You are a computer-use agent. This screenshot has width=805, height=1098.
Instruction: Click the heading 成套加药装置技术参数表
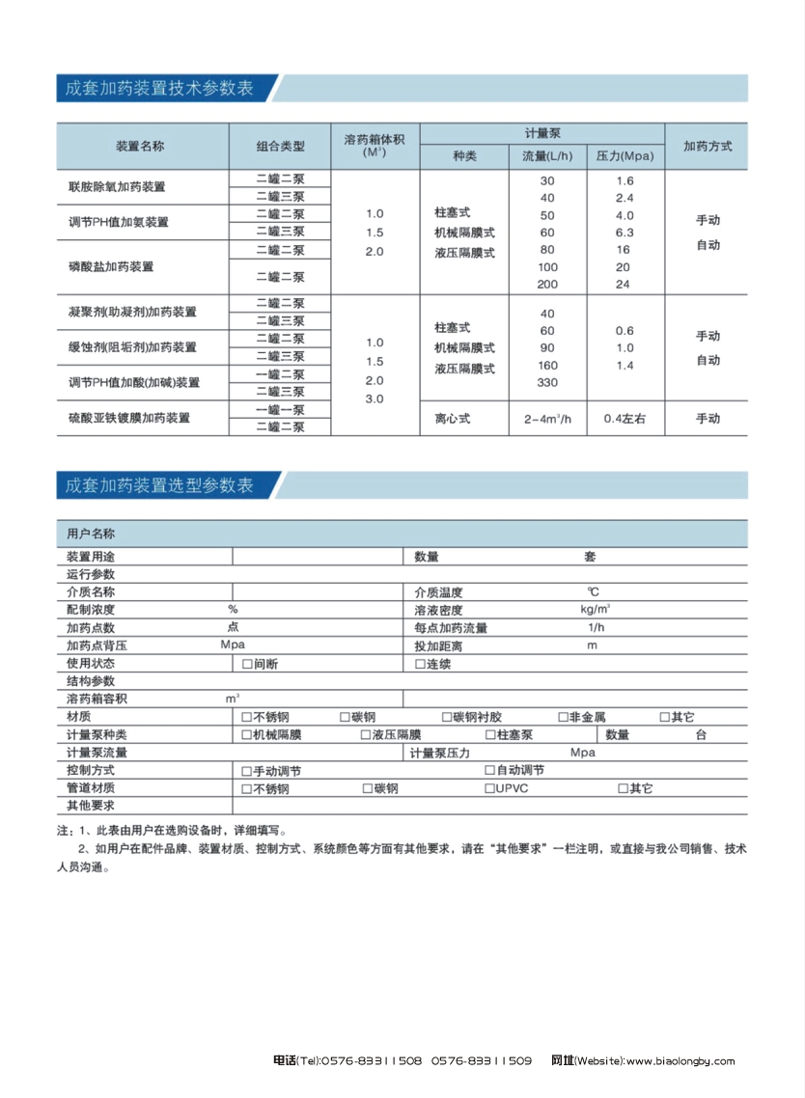[159, 88]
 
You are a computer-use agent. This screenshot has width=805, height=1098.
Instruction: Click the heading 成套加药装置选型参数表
[159, 484]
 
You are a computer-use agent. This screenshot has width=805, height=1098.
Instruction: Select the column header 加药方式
[707, 147]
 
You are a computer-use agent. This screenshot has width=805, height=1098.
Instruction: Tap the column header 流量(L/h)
[547, 156]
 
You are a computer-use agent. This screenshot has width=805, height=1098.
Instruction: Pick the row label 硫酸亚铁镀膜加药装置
[128, 419]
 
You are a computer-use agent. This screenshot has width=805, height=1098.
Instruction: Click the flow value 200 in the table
[547, 284]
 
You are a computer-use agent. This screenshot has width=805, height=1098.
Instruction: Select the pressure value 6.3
[624, 233]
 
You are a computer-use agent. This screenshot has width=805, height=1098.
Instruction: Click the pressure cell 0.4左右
[624, 419]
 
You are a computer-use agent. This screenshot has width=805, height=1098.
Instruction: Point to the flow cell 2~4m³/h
[547, 419]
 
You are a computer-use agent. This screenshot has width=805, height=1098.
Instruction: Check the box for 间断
[247, 665]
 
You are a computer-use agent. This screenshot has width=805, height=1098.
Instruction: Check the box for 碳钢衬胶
[446, 717]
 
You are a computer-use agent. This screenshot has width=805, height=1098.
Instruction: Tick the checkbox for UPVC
[489, 788]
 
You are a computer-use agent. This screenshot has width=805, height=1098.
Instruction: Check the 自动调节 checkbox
[489, 770]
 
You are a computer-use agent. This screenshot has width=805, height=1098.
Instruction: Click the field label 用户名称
[91, 534]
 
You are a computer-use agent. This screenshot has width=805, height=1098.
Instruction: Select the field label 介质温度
[438, 592]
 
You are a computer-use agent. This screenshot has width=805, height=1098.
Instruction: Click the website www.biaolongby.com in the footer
[680, 1061]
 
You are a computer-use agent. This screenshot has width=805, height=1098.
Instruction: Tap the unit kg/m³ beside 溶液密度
[595, 610]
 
